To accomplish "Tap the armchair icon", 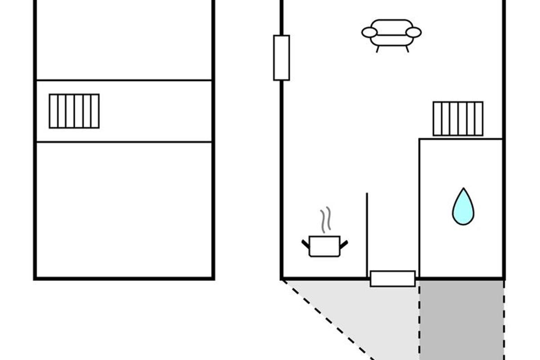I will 391,33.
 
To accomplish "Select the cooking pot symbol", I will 324,246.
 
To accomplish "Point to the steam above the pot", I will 325,220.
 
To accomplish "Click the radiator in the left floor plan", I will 74,111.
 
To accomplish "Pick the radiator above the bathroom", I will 458,118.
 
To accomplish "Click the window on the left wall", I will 281,58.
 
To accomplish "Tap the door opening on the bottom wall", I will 392,279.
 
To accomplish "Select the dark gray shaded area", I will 462,319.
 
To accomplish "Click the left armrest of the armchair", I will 369,32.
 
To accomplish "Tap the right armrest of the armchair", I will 414,32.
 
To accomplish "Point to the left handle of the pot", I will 306,244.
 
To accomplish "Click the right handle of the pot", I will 344,244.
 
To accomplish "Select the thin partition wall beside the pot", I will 367,234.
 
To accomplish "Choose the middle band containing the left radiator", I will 153,111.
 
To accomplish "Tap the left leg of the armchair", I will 377,49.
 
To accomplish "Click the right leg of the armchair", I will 407,49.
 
